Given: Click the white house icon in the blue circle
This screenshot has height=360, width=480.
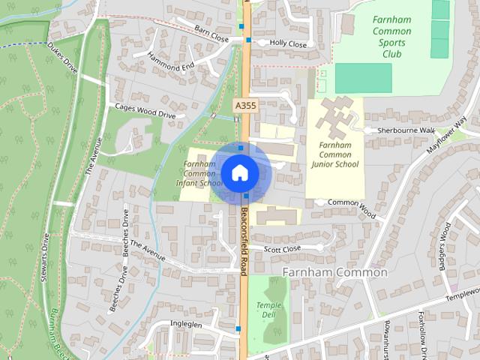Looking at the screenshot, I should point(239,173).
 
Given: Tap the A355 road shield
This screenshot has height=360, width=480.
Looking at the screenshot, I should point(245,106).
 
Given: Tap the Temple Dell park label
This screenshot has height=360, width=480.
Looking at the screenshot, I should point(268,310).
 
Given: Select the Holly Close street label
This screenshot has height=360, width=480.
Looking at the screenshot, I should point(289,44).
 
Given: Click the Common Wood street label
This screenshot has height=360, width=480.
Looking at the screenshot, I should point(352,202).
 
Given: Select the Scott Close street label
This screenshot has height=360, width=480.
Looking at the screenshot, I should point(282,248).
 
